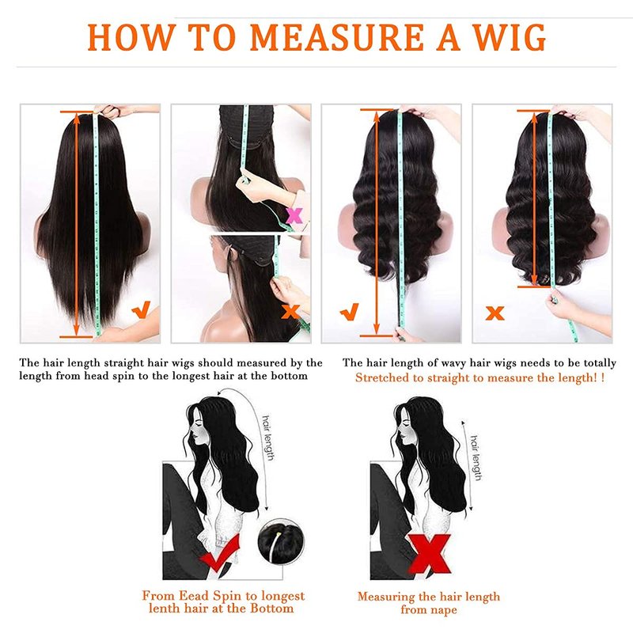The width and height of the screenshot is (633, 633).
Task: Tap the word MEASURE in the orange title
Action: tap(337, 37)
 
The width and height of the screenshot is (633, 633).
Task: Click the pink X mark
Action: tap(294, 215)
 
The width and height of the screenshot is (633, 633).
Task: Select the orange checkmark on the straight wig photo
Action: tap(142, 309)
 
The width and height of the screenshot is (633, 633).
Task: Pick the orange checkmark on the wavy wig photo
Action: tap(350, 312)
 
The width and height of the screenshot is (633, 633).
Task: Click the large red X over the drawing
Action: tap(429, 554)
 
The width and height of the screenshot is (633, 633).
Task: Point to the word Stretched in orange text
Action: tap(381, 378)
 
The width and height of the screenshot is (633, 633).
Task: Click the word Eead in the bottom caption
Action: tap(194, 596)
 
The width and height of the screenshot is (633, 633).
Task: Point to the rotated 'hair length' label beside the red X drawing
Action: tap(476, 458)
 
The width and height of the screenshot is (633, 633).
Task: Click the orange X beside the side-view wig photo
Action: tap(290, 312)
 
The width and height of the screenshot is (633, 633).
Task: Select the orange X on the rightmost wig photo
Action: tap(495, 313)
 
